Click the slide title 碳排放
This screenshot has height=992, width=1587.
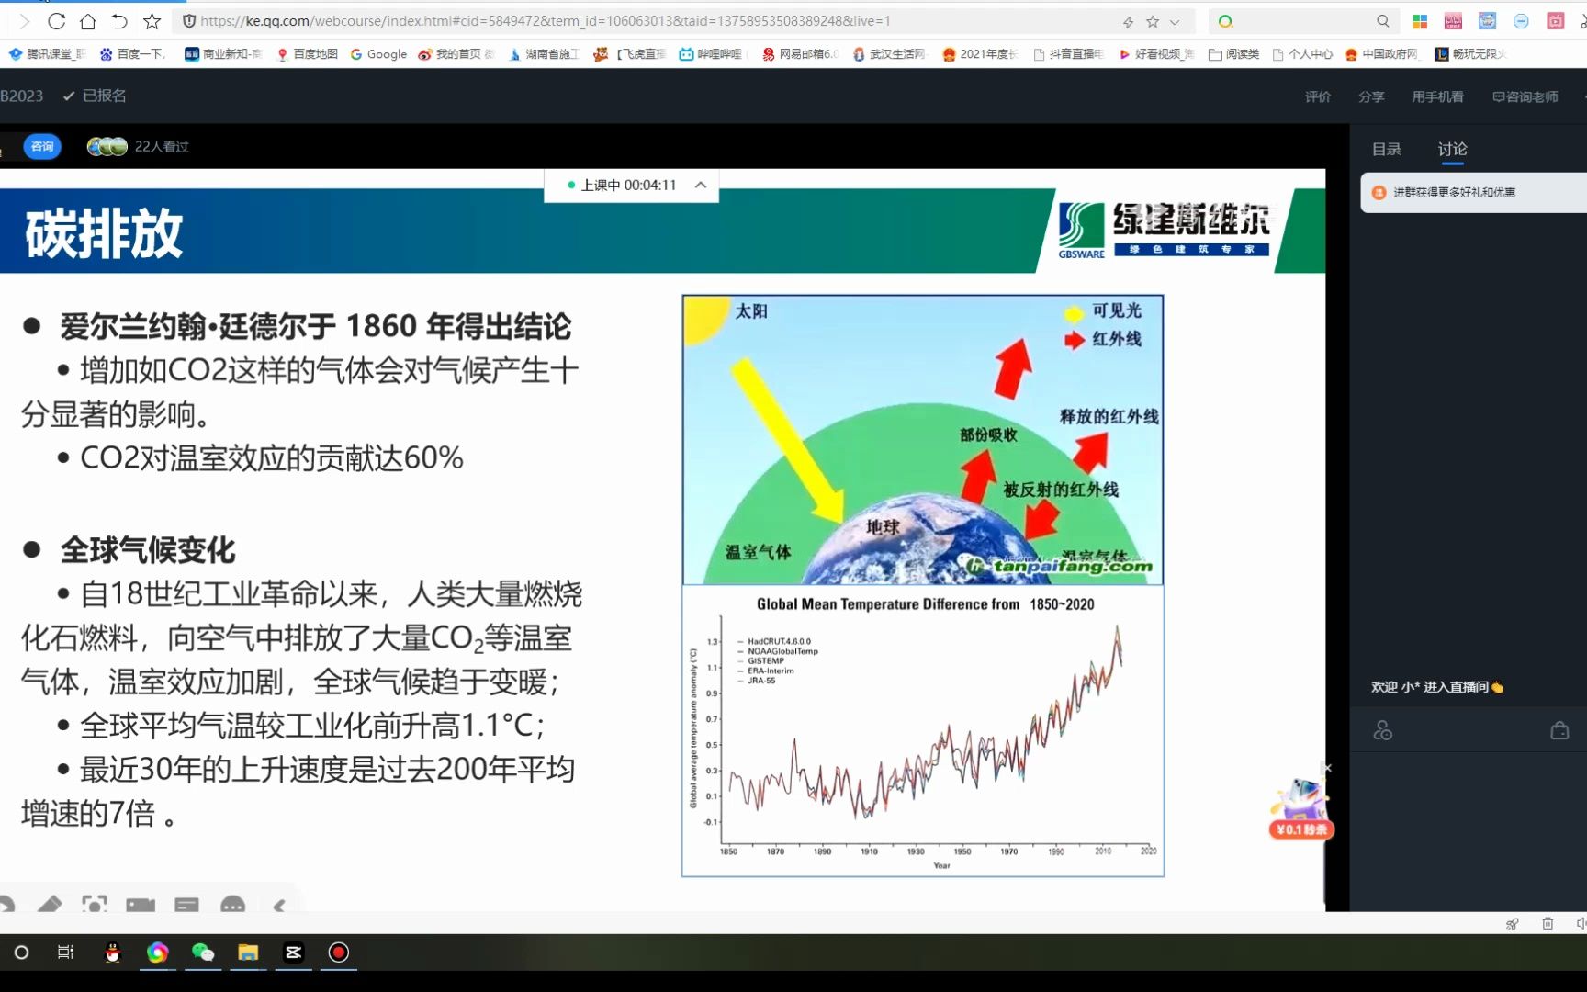(x=104, y=233)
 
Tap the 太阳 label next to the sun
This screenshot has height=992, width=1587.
(x=751, y=311)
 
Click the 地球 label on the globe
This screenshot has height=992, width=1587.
(x=883, y=526)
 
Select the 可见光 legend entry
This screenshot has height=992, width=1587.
(x=1116, y=311)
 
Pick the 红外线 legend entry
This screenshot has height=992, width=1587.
(x=1116, y=339)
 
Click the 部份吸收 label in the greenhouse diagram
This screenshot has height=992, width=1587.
(x=988, y=434)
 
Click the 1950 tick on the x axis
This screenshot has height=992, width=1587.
(x=962, y=851)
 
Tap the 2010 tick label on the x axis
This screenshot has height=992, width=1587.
(x=1102, y=851)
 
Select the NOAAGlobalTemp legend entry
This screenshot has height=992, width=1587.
(x=782, y=651)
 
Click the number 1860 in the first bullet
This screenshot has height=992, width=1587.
(x=381, y=326)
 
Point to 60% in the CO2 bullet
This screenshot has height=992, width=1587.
(x=433, y=457)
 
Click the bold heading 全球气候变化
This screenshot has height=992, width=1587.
(x=148, y=550)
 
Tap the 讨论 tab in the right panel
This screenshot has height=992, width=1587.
(x=1452, y=149)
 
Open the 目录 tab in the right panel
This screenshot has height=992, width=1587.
(x=1386, y=149)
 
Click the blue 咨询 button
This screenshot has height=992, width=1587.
(x=42, y=146)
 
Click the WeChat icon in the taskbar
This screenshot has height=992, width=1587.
(x=203, y=953)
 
